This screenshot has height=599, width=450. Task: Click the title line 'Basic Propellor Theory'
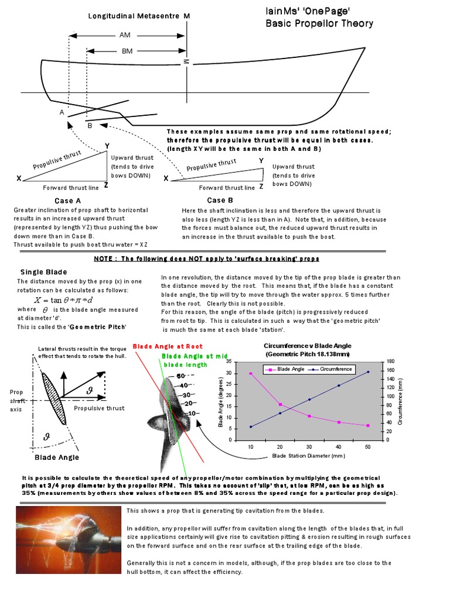click(x=319, y=23)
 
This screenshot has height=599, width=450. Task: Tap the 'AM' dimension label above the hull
click(x=125, y=36)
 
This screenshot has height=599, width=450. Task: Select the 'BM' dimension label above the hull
click(x=127, y=51)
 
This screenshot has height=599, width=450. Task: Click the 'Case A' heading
click(x=67, y=201)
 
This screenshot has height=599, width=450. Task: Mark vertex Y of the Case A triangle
click(x=107, y=146)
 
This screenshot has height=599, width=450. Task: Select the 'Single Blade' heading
click(x=44, y=272)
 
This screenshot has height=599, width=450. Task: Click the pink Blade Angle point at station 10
click(x=251, y=373)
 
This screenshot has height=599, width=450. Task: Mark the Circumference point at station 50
click(x=368, y=371)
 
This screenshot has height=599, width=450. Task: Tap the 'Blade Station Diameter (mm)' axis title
click(x=309, y=456)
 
